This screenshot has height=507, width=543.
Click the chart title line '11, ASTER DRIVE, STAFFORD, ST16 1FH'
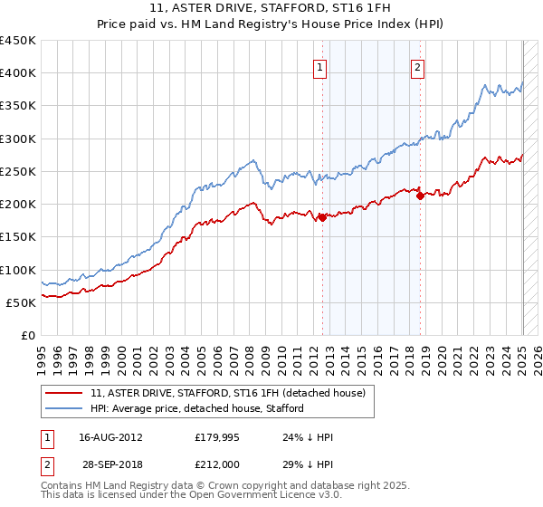(271, 9)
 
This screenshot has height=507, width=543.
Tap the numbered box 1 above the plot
(320, 66)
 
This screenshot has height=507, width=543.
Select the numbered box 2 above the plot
(417, 66)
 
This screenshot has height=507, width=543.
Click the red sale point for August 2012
(322, 217)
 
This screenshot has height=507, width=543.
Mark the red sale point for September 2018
(420, 196)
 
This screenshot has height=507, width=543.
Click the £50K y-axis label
(24, 302)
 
